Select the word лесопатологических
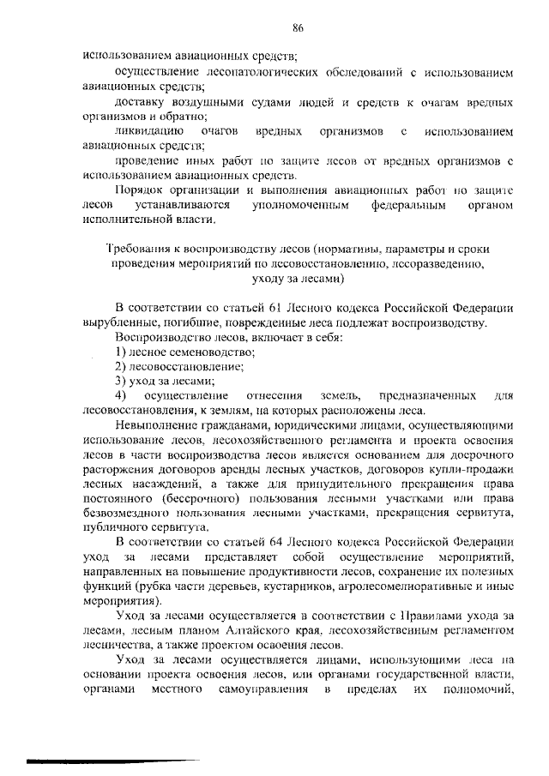pos(244,73)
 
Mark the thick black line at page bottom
pos(112,760)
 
